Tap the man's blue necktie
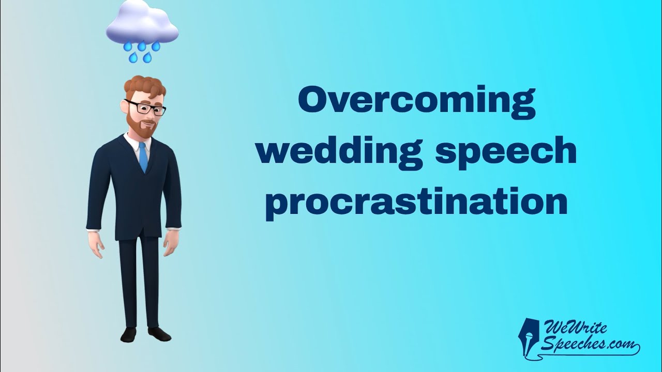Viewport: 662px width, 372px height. [143, 157]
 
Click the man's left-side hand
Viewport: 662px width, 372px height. [96, 243]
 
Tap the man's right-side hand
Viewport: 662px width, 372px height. [172, 242]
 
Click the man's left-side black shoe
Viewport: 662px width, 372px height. [129, 335]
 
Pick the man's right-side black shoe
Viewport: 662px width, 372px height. [160, 333]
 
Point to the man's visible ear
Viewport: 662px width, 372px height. [124, 106]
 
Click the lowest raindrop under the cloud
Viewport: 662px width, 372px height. [147, 58]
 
